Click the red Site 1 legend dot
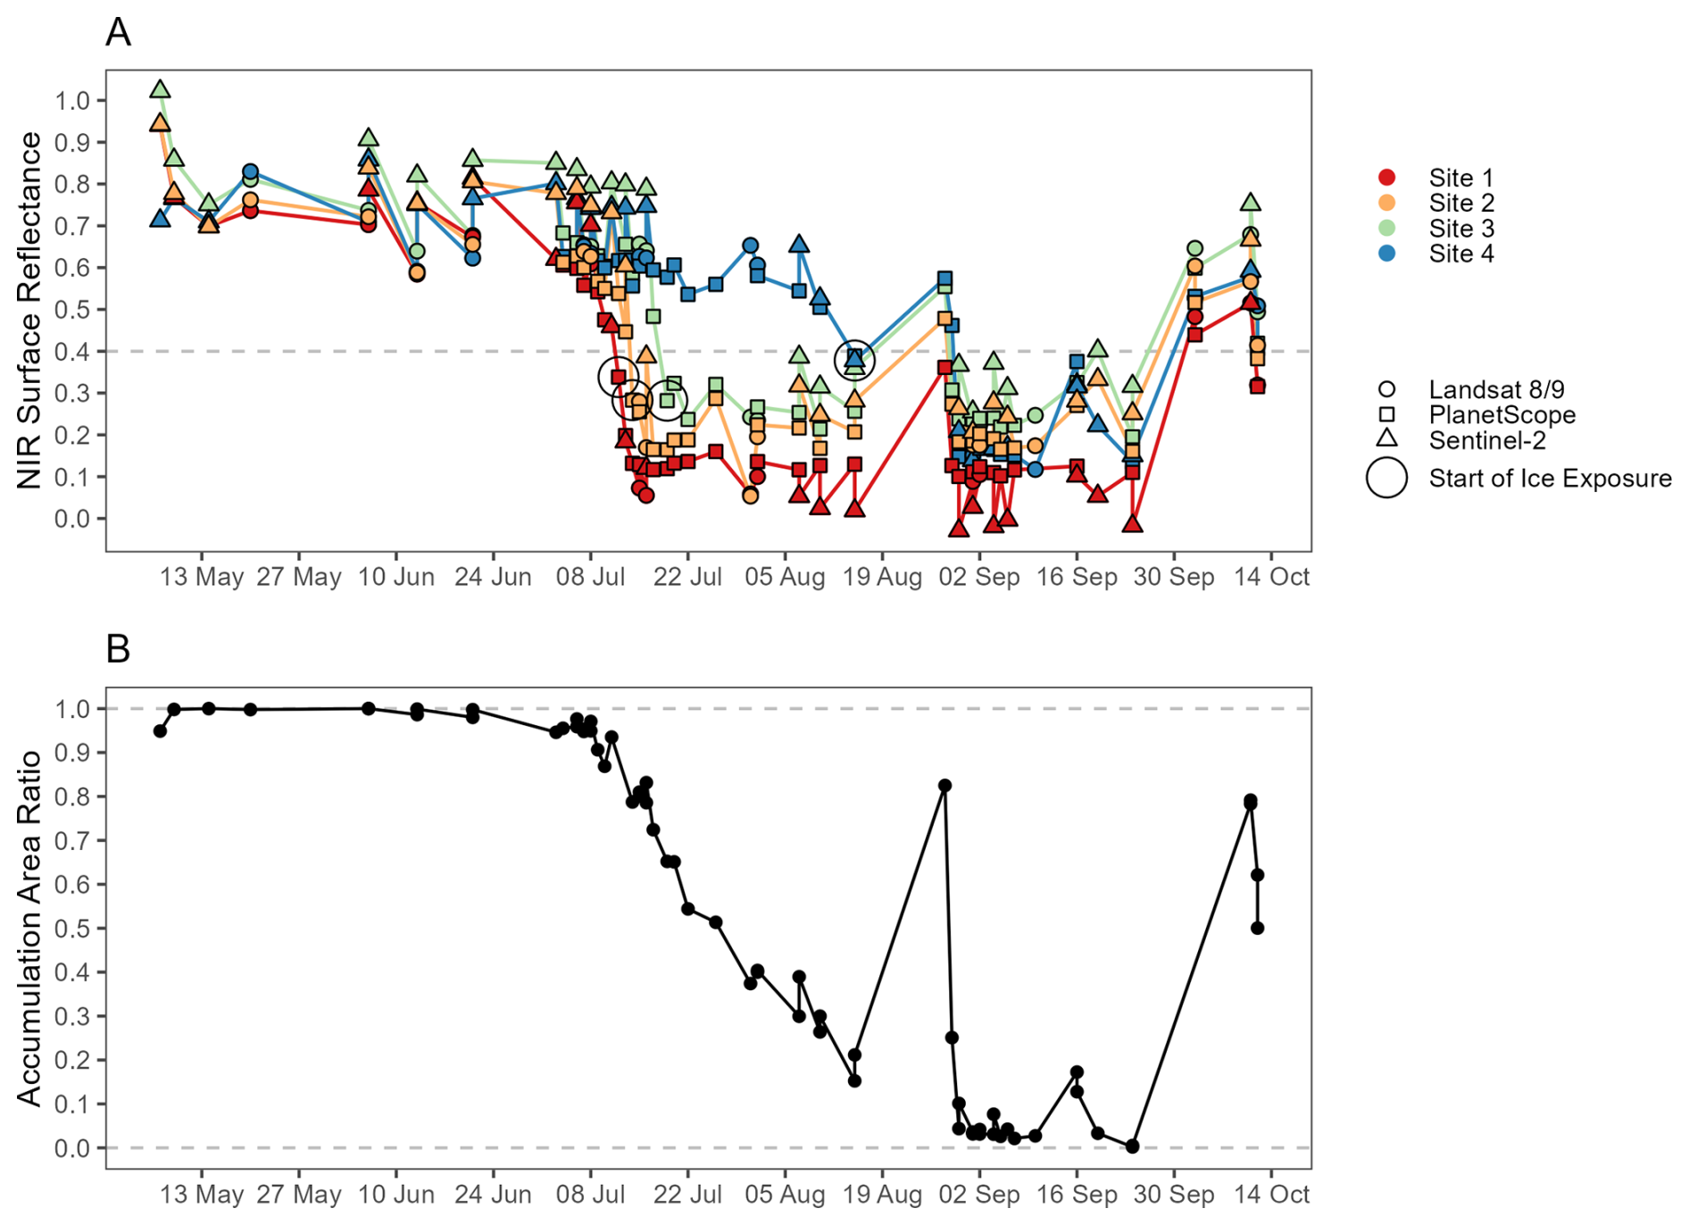[1386, 177]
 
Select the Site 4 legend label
[1460, 254]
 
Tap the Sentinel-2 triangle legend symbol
[1386, 438]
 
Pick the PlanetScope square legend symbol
[1386, 414]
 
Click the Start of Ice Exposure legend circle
[1386, 478]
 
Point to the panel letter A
[118, 32]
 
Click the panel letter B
[118, 649]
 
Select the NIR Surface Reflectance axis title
[29, 310]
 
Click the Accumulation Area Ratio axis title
[29, 928]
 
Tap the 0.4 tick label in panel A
[72, 352]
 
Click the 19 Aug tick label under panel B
[882, 1194]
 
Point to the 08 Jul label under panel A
[590, 577]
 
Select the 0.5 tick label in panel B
[72, 929]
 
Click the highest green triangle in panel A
[161, 89]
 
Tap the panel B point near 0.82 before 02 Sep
[944, 786]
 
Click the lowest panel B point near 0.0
[1133, 1146]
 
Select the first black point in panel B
[160, 731]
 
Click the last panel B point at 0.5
[1257, 929]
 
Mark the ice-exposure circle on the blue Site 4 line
[854, 359]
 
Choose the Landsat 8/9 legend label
[1496, 389]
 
